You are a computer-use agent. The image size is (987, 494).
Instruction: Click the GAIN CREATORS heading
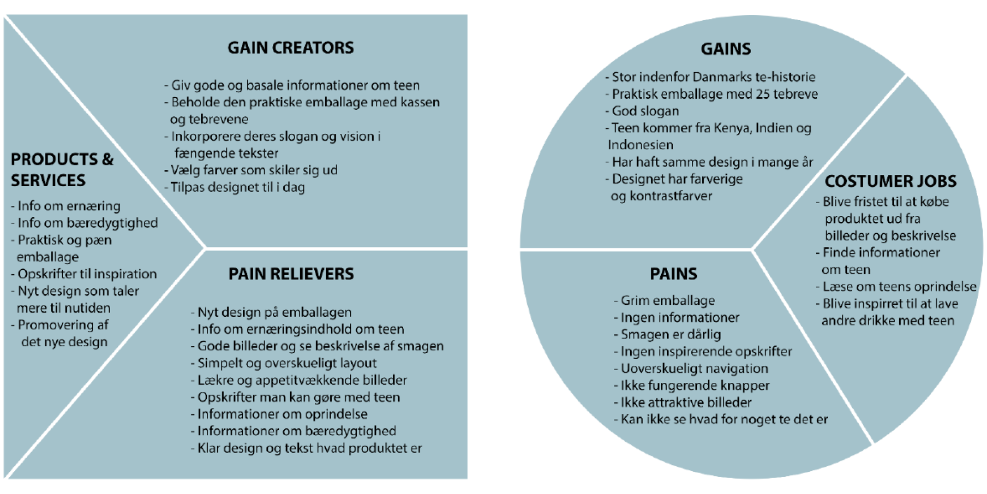pyautogui.click(x=291, y=48)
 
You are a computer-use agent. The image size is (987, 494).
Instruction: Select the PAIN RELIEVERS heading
pyautogui.click(x=291, y=274)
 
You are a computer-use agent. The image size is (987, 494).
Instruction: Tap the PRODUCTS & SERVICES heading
pyautogui.click(x=62, y=169)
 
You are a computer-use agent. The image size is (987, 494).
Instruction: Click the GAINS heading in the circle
pyautogui.click(x=726, y=49)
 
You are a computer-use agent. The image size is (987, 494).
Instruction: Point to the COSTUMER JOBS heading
pyautogui.click(x=890, y=181)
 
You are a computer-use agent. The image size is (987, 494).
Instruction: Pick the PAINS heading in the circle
pyautogui.click(x=674, y=274)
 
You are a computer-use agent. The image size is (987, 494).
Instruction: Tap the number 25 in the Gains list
pyautogui.click(x=762, y=94)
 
